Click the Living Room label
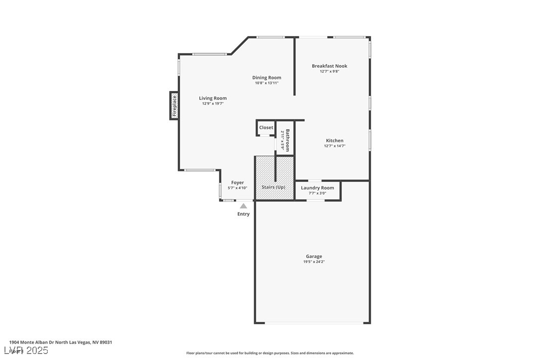tap(213, 98)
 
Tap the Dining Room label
tap(267, 78)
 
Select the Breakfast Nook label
tap(329, 66)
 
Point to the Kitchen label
tap(335, 141)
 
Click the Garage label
tap(314, 257)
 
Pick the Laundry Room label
tap(317, 188)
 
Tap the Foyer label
tap(238, 182)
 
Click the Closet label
tap(266, 128)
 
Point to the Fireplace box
tap(174, 106)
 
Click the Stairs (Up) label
tap(273, 187)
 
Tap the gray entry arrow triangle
tap(243, 205)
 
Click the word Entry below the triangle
tap(243, 214)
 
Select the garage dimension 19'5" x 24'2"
tap(314, 262)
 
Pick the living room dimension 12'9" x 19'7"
tap(213, 104)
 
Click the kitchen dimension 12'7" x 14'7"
tap(335, 146)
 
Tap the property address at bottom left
tap(61, 342)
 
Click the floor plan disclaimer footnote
tap(270, 353)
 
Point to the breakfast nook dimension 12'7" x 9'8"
tap(329, 72)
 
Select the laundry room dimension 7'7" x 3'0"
tap(317, 193)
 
